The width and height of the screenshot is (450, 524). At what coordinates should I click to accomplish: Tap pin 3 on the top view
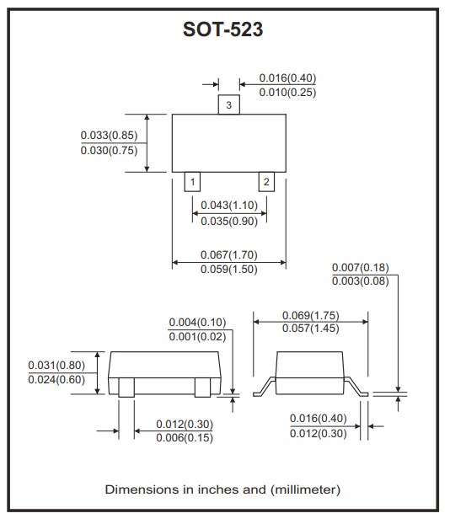point(229,105)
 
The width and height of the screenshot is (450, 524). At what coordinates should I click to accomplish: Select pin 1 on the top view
point(193,182)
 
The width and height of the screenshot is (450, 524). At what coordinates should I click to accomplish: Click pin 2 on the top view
point(265,182)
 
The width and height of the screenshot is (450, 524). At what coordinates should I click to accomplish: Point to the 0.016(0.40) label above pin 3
point(288,78)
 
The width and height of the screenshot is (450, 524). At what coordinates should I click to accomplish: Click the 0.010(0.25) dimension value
point(288,92)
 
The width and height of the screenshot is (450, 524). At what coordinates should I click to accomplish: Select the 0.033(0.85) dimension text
point(109,136)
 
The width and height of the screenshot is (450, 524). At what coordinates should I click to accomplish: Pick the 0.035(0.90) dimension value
point(229,221)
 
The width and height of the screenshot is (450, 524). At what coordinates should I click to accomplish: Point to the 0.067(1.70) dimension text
point(229,254)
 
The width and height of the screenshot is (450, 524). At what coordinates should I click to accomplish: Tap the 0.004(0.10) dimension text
point(197,322)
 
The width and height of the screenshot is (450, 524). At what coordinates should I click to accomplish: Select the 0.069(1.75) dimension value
point(311,313)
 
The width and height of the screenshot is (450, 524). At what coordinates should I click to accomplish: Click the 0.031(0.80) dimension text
point(56,365)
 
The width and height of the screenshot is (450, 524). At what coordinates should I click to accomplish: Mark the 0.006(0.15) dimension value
point(185,437)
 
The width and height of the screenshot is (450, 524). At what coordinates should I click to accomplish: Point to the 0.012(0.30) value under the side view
point(318,432)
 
